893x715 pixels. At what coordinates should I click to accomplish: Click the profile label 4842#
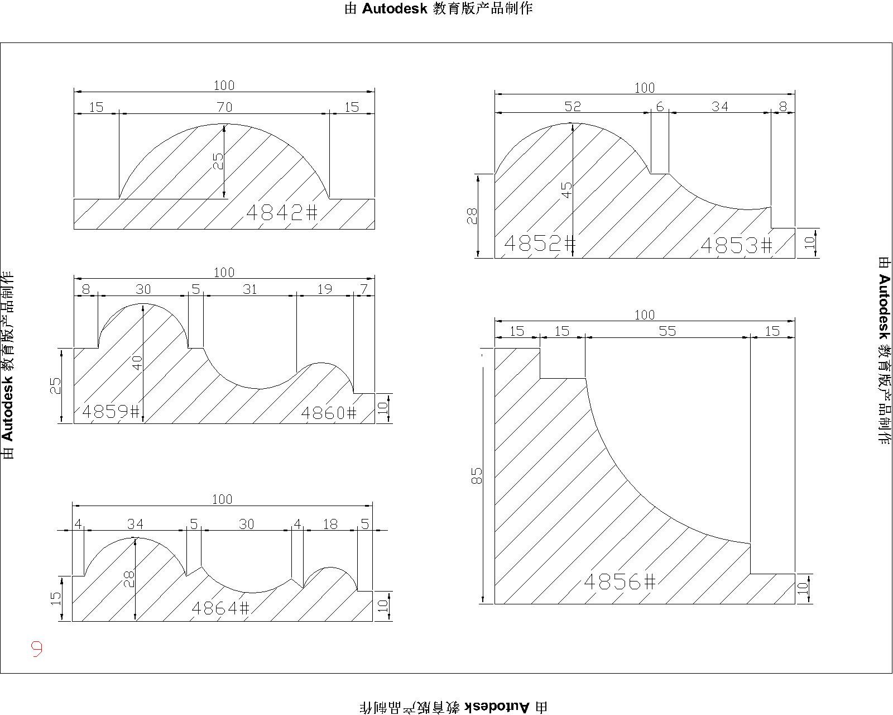click(x=282, y=213)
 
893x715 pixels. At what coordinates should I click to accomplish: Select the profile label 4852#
click(x=540, y=244)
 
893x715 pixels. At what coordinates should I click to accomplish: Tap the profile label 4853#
click(x=736, y=245)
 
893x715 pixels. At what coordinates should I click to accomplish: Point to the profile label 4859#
click(x=111, y=411)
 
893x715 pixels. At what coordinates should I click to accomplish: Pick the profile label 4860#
click(x=329, y=413)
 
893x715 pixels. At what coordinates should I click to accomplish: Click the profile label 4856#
click(x=620, y=581)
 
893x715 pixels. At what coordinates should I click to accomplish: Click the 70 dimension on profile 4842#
click(x=224, y=107)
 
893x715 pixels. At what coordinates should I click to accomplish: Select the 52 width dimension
click(x=573, y=106)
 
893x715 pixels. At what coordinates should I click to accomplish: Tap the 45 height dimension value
click(x=566, y=190)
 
